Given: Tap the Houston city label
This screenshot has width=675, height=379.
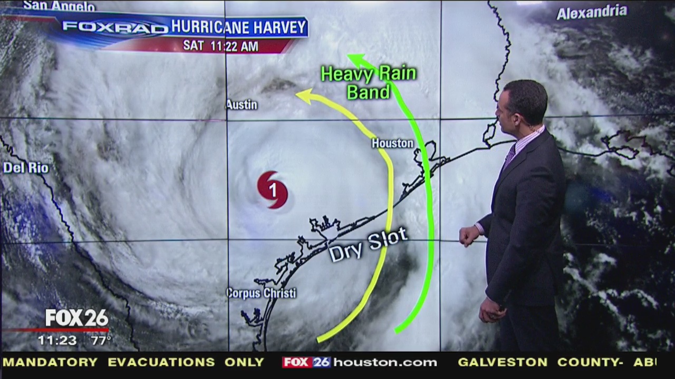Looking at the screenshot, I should pyautogui.click(x=392, y=143).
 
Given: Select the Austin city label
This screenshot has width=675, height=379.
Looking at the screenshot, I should pyautogui.click(x=242, y=105).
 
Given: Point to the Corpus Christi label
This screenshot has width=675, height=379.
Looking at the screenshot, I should pyautogui.click(x=262, y=293).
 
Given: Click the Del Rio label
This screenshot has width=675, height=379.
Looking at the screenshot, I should pyautogui.click(x=26, y=168).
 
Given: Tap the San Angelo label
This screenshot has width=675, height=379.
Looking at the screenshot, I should pyautogui.click(x=59, y=6).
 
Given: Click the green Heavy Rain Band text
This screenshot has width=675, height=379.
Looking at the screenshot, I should pyautogui.click(x=368, y=82).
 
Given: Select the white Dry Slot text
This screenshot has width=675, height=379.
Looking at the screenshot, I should pyautogui.click(x=369, y=245).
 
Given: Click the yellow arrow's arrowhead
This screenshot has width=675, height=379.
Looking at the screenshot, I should pyautogui.click(x=303, y=95).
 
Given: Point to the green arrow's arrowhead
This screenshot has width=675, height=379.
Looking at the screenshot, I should pyautogui.click(x=354, y=58).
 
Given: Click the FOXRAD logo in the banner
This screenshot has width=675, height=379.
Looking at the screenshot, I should pyautogui.click(x=115, y=27).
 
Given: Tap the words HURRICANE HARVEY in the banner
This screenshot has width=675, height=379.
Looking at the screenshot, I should pyautogui.click(x=238, y=27).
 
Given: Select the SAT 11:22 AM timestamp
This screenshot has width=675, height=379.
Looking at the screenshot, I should pyautogui.click(x=220, y=46).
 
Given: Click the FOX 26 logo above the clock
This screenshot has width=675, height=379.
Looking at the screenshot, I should pyautogui.click(x=77, y=318).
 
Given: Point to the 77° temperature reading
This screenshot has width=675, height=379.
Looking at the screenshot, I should pyautogui.click(x=101, y=341).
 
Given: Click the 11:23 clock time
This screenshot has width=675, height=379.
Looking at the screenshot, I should pyautogui.click(x=57, y=341).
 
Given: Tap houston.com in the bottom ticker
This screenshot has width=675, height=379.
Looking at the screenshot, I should pyautogui.click(x=385, y=362).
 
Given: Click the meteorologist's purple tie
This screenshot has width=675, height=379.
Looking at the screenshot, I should pyautogui.click(x=509, y=156).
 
